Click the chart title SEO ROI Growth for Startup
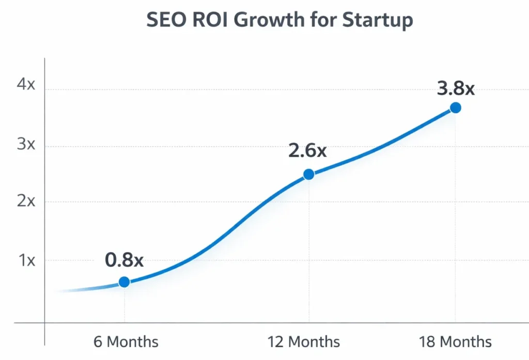coord(279,20)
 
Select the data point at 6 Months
coord(124,282)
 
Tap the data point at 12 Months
coord(308,174)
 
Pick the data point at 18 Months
coord(455,107)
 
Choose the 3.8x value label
coord(455,88)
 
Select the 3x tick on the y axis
coord(26,144)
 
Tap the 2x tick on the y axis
coord(26,201)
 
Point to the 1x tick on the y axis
coord(27,260)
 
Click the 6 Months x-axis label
coord(126,341)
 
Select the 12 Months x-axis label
coord(303,341)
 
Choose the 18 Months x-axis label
coord(455,341)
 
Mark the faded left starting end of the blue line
coord(65,291)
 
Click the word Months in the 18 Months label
coord(466,341)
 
